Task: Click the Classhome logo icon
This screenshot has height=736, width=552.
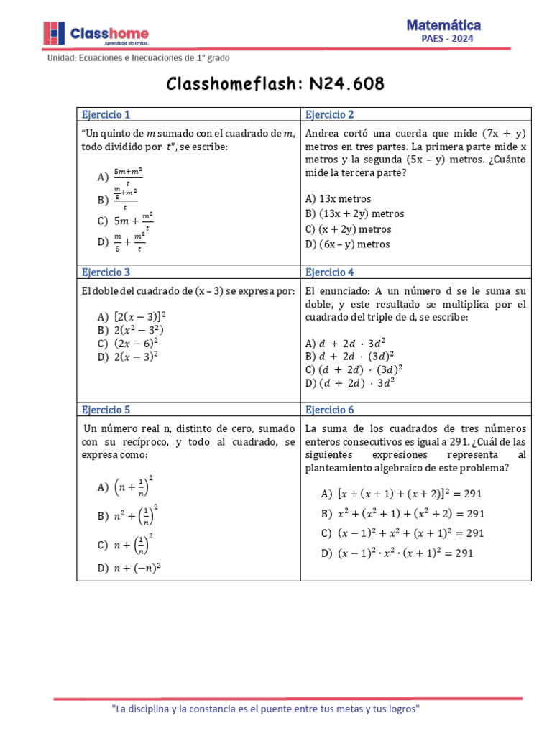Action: pyautogui.click(x=53, y=33)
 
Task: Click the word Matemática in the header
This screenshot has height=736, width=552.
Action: pyautogui.click(x=443, y=25)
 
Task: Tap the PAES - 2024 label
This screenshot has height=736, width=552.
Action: pyautogui.click(x=447, y=40)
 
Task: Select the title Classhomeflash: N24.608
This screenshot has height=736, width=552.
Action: pyautogui.click(x=275, y=84)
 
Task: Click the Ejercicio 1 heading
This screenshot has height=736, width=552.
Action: pyautogui.click(x=106, y=114)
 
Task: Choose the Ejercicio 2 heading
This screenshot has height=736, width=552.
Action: pyautogui.click(x=329, y=114)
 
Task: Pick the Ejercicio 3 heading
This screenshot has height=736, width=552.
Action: pyautogui.click(x=106, y=272)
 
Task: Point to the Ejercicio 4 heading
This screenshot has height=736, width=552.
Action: pyautogui.click(x=329, y=272)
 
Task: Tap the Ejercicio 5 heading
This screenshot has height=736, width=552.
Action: pyautogui.click(x=106, y=410)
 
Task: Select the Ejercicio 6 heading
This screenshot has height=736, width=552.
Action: pyautogui.click(x=329, y=410)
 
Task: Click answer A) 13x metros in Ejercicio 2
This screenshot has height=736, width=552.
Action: pyautogui.click(x=338, y=198)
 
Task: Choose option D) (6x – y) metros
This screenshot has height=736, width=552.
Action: pyautogui.click(x=348, y=244)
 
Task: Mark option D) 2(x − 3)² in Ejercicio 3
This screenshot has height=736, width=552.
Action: pyautogui.click(x=127, y=355)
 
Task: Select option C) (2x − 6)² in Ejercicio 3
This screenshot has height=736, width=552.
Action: pyautogui.click(x=127, y=342)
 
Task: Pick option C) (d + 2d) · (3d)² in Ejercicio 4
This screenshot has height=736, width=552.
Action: pyautogui.click(x=354, y=369)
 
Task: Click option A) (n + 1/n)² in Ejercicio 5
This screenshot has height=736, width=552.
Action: pyautogui.click(x=126, y=487)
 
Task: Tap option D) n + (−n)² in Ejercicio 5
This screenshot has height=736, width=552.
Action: pyautogui.click(x=129, y=568)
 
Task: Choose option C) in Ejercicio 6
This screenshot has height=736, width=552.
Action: pyautogui.click(x=402, y=533)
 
